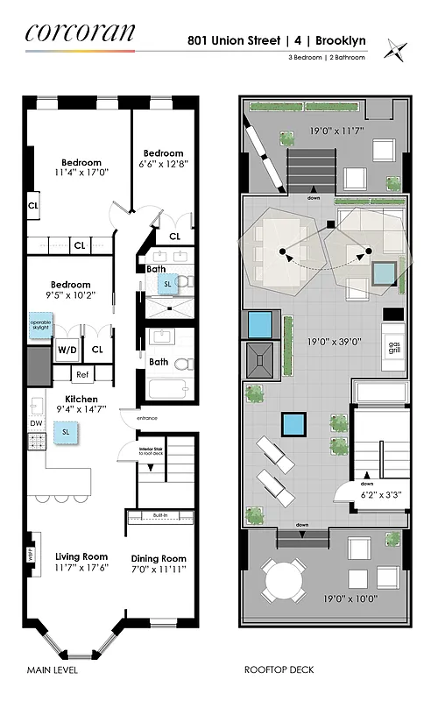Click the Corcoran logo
(x=80, y=33)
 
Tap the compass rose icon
(x=399, y=50)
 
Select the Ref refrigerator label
(x=81, y=374)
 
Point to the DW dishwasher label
(x=36, y=422)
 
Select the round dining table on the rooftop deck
(x=283, y=578)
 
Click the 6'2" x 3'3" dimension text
(x=380, y=495)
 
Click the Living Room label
(x=81, y=556)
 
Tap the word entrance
(x=147, y=419)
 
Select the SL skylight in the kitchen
(x=65, y=431)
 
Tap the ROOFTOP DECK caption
(x=279, y=670)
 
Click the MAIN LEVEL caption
(x=52, y=670)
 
